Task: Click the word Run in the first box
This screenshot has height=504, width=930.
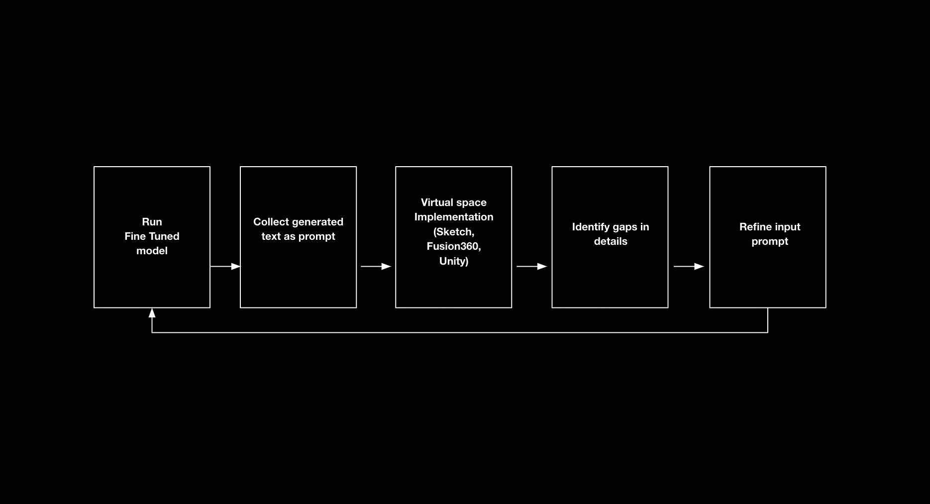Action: (x=152, y=222)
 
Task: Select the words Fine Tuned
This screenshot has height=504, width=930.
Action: (x=152, y=236)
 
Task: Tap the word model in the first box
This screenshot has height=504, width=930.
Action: (x=152, y=251)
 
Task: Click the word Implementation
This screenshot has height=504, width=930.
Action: (x=454, y=217)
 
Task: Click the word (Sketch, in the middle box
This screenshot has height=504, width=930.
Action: (x=454, y=232)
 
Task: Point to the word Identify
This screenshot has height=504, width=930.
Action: (x=591, y=227)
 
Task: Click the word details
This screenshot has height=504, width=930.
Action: (x=611, y=241)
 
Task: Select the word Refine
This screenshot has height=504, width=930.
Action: (x=753, y=227)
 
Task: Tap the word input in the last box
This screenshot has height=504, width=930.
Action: (x=785, y=227)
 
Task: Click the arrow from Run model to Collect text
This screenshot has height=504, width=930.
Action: (x=225, y=267)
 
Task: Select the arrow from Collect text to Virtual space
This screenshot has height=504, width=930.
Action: (x=376, y=267)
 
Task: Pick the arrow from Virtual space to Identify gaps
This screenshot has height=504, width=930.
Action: (x=532, y=267)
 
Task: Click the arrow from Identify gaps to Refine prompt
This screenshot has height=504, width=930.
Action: (x=689, y=267)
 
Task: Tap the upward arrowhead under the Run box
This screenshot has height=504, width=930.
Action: (x=152, y=313)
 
